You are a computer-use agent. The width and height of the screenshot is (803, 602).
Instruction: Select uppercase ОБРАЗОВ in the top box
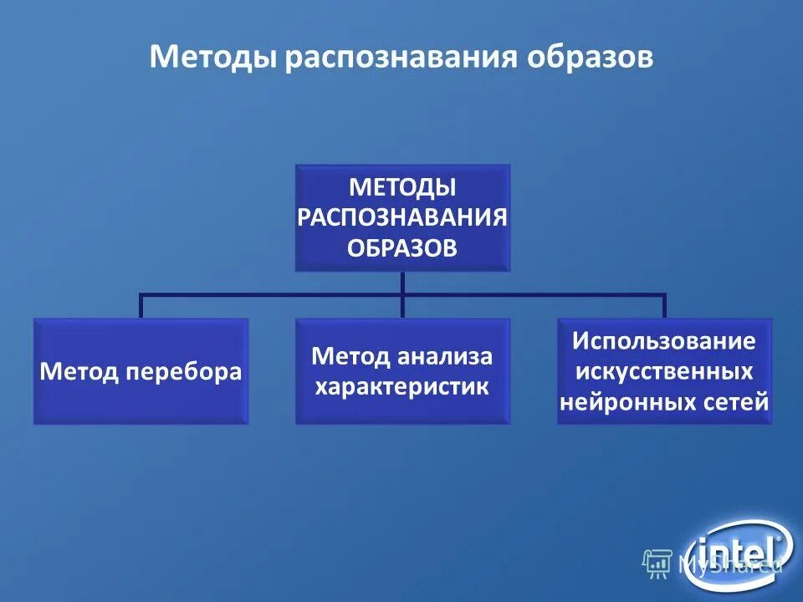401,248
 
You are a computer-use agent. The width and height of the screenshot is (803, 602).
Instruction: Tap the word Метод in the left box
80,372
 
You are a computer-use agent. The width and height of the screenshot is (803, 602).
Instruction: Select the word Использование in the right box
664,341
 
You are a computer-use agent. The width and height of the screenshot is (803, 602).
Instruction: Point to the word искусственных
664,371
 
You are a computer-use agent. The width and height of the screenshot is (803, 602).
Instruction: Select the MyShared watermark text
728,564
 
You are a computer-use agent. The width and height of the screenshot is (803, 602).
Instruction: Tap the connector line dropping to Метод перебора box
141,306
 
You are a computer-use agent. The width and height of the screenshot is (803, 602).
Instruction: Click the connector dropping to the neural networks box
664,306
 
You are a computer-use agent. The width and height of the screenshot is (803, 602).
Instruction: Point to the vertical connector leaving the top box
402,282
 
